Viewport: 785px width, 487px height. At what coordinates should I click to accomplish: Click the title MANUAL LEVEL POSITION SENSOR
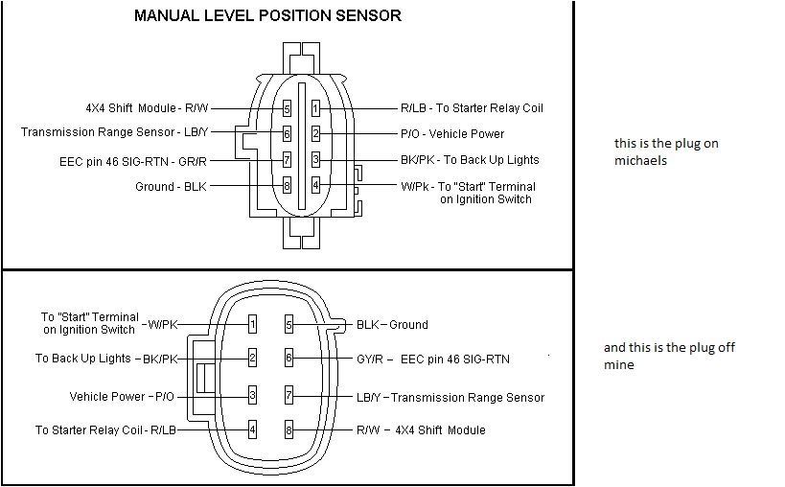coord(267,15)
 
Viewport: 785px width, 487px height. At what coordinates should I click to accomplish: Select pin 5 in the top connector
coord(287,109)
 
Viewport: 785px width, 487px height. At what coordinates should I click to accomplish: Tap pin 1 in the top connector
coord(315,109)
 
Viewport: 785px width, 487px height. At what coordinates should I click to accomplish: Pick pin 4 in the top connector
coord(315,185)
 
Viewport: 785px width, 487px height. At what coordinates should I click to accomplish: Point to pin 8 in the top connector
coord(287,186)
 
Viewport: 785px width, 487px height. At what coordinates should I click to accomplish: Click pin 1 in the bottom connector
coord(252,325)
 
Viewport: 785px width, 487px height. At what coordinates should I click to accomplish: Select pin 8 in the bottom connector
coord(289,429)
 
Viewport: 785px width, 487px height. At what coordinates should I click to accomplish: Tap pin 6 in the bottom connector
coord(289,359)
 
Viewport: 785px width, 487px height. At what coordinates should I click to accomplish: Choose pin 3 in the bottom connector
coord(252,395)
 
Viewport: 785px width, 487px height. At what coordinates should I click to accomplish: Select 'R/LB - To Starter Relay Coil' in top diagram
coord(472,108)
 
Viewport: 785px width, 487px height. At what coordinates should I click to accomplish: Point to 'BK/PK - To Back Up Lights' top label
coord(470,160)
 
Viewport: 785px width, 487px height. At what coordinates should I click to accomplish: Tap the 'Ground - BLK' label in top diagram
coord(171,186)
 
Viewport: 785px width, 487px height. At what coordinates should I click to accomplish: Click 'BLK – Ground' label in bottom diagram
coord(392,325)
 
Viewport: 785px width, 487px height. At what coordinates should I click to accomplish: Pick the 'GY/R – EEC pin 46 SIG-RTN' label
coord(432,359)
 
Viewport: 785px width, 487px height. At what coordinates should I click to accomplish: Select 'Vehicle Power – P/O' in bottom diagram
coord(122,396)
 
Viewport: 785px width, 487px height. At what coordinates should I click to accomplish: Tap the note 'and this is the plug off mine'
coord(669,356)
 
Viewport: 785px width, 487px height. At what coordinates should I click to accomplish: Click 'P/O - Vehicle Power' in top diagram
coord(452,134)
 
